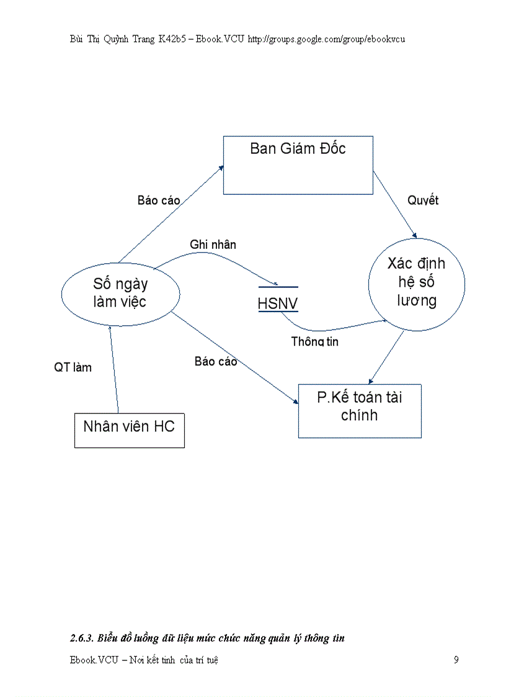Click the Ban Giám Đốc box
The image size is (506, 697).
tap(298, 165)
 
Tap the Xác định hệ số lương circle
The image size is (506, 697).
tap(416, 282)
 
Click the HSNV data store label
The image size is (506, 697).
tap(278, 304)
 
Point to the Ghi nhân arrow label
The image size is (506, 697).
tap(213, 245)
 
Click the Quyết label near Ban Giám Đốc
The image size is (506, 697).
tap(423, 200)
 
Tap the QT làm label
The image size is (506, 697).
tap(73, 367)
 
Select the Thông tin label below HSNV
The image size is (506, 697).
tap(315, 341)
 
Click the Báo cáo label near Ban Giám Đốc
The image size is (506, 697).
tap(159, 200)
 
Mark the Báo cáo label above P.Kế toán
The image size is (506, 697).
tap(216, 361)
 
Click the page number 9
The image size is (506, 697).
tap(456, 660)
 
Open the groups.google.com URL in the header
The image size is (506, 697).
tap(326, 39)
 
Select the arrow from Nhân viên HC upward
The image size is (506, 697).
tap(113, 369)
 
